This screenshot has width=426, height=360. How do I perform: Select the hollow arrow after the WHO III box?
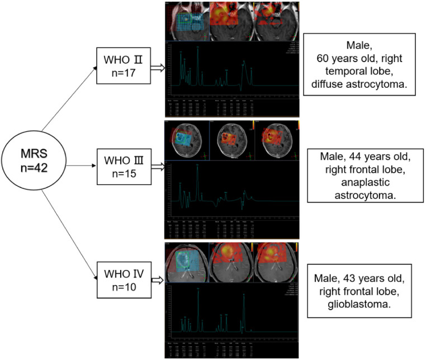[158, 166]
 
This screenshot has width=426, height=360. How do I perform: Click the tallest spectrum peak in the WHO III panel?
[198, 166]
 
